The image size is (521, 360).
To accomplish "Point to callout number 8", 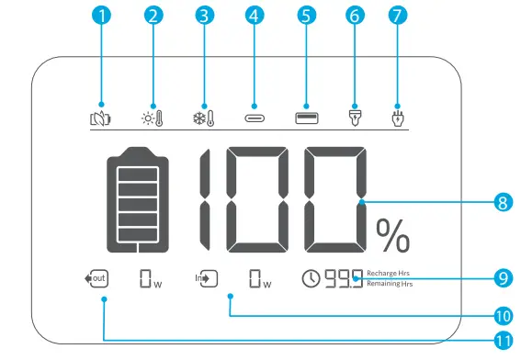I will (x=502, y=202).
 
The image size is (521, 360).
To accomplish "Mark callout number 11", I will (x=502, y=340).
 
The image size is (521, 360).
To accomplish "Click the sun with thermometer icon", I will (x=152, y=117).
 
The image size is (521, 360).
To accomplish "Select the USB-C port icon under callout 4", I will (x=253, y=118).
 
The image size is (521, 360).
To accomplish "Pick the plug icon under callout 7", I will (x=398, y=117).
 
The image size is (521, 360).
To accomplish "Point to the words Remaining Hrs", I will (x=390, y=284).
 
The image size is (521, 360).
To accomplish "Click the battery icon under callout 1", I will (x=101, y=117).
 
